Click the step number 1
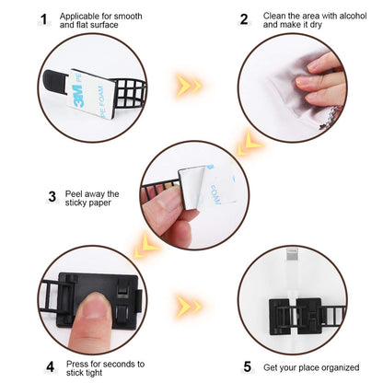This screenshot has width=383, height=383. (43, 19)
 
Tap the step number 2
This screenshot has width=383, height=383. (244, 19)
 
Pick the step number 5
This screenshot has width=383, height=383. (247, 366)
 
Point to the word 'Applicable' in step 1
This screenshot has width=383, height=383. (80, 16)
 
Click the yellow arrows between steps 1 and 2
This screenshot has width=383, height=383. (190, 86)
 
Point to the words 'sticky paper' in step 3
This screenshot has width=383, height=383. (89, 206)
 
